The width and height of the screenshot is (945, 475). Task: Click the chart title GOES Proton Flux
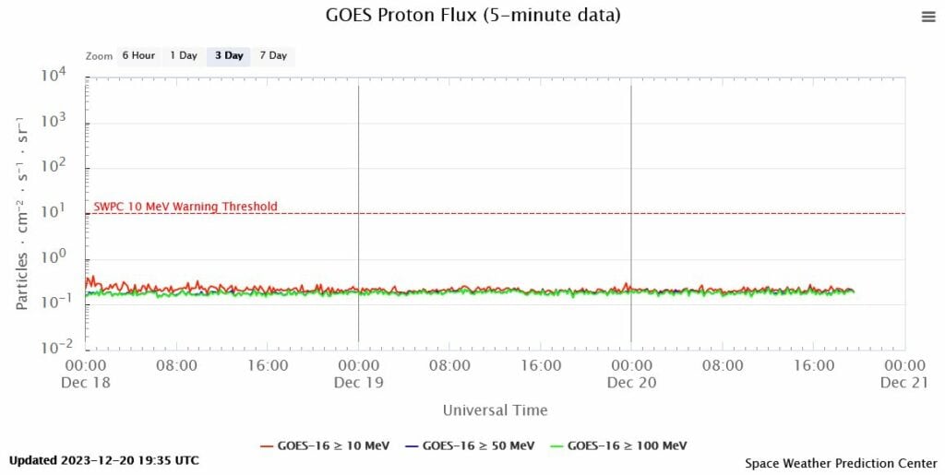pos(472,16)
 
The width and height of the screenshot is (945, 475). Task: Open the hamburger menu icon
pos(927,17)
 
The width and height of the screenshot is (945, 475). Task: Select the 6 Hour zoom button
pos(138,55)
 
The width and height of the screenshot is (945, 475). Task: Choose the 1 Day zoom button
pos(184,55)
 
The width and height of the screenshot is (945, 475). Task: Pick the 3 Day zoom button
pos(229,55)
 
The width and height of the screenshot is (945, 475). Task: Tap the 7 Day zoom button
pos(273,55)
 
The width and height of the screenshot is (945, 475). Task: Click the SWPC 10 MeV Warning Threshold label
pos(185,207)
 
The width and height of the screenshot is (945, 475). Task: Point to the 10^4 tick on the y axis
pos(61,77)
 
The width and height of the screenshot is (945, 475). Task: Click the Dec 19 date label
pos(359,382)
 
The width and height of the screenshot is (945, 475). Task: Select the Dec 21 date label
pos(903,382)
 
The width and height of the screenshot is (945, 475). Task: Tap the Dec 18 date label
pos(86,382)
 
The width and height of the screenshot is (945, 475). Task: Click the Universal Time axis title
pos(495,410)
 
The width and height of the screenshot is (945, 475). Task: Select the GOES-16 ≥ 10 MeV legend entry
pos(324,445)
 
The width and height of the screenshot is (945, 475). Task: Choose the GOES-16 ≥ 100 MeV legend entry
pos(616,445)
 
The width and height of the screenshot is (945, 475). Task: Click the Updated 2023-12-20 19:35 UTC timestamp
pos(103,460)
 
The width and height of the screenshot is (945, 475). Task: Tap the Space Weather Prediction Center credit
pos(840,463)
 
